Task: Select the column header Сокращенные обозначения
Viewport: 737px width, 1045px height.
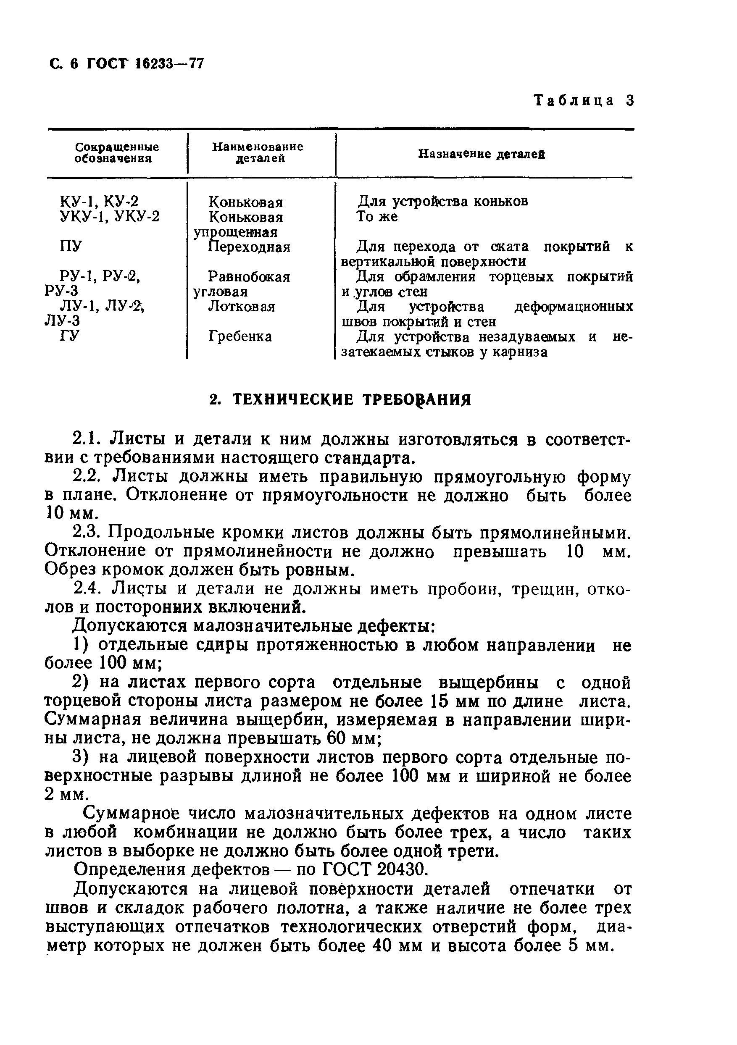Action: pos(116,152)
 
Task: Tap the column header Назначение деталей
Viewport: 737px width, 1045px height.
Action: pos(481,154)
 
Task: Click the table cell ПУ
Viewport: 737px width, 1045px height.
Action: pos(71,246)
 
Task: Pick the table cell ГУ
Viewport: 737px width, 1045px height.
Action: pos(70,336)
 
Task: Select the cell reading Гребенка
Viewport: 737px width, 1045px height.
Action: pos(240,336)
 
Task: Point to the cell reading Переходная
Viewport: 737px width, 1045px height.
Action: pos(249,247)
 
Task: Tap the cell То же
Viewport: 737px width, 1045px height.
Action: pos(376,217)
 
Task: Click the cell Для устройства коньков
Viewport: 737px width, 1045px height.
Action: pos(442,201)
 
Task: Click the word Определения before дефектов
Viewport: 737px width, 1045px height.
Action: pos(129,870)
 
